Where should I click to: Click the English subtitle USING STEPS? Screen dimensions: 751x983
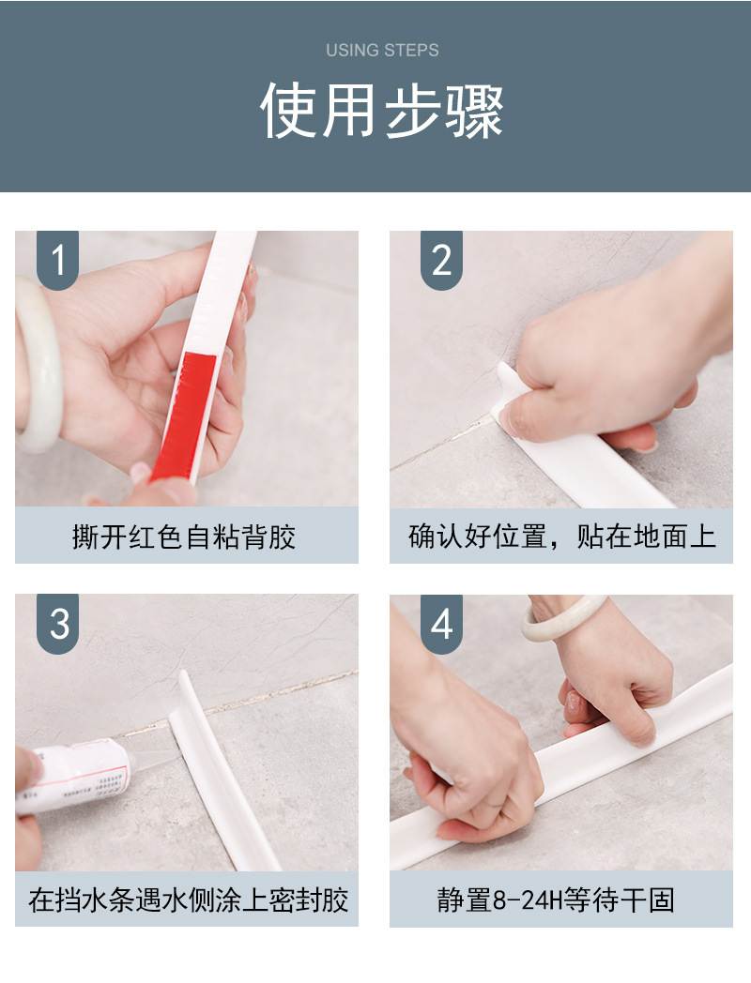382,50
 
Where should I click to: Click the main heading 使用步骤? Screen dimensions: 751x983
382,111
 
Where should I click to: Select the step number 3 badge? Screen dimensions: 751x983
57,624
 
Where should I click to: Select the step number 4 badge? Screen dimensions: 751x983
442,624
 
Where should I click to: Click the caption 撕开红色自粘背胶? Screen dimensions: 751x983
184,537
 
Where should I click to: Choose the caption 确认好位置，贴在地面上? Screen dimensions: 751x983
561,537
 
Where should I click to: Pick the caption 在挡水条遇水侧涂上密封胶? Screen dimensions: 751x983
188,900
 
